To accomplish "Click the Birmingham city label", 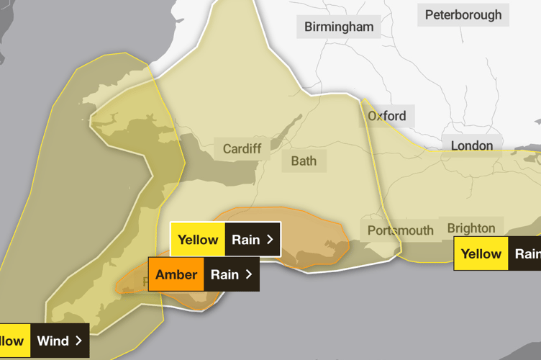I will click(x=339, y=27).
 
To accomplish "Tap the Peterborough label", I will click(x=463, y=15).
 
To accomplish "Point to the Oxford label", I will click(x=387, y=115).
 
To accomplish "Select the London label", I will click(x=472, y=145).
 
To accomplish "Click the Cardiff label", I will click(x=242, y=149).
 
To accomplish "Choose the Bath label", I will click(x=304, y=161).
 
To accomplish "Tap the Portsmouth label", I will click(x=401, y=230).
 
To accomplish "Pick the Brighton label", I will click(x=471, y=228).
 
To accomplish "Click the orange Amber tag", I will click(x=176, y=274).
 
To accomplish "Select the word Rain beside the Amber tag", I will click(x=224, y=274).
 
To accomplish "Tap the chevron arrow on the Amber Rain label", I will click(x=249, y=274).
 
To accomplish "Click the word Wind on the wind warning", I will click(x=53, y=341).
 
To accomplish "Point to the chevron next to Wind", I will click(x=78, y=341).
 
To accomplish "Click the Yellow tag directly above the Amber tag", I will click(x=198, y=240).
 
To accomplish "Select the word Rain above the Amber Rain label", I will click(x=245, y=240).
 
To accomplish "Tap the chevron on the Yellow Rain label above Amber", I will click(x=270, y=240).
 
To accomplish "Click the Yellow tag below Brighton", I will click(x=481, y=253).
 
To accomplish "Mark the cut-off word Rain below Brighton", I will click(x=527, y=253).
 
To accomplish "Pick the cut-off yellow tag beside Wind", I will click(x=14, y=341).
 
